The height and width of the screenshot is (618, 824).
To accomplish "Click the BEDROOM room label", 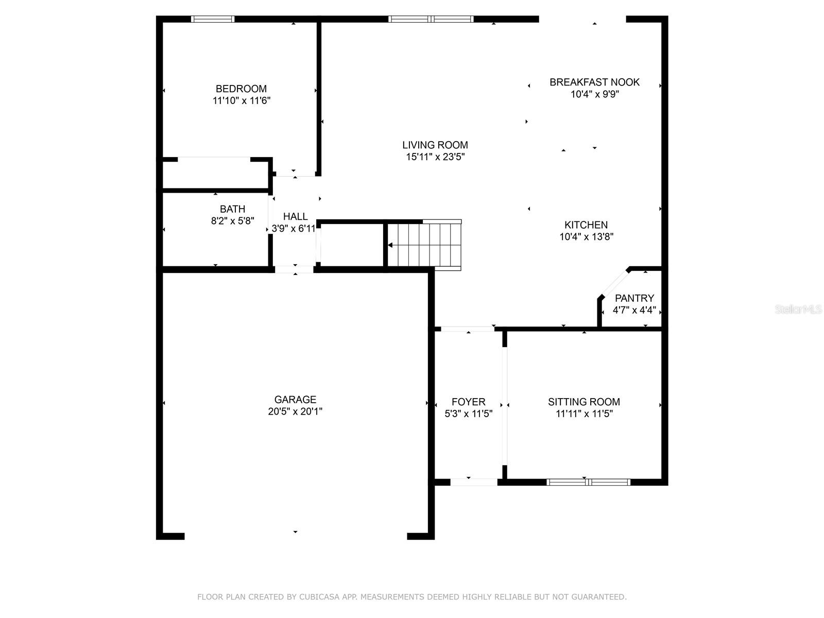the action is [241, 89].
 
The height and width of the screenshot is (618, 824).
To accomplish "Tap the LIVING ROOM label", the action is [435, 145].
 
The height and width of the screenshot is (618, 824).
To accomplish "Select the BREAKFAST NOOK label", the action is [595, 82].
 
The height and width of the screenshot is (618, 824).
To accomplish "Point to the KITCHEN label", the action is [586, 225].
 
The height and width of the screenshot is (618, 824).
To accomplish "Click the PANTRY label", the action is [634, 298].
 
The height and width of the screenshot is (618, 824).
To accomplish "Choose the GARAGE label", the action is [296, 400].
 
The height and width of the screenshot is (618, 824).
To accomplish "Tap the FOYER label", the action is [469, 402].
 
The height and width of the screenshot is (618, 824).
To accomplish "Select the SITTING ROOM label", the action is [583, 402].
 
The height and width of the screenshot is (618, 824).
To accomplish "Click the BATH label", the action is [232, 209].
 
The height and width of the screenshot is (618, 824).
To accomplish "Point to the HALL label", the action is [296, 216].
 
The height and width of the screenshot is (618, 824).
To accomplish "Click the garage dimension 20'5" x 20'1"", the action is [295, 411].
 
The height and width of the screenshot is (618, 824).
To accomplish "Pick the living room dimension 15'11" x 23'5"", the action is [435, 157].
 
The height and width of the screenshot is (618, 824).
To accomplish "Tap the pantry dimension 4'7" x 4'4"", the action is [634, 311].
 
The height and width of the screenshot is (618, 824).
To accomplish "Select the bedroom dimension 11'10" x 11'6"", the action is [242, 100].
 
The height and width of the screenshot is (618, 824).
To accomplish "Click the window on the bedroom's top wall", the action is [213, 19].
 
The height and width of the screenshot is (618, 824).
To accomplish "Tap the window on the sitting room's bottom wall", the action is [588, 482].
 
